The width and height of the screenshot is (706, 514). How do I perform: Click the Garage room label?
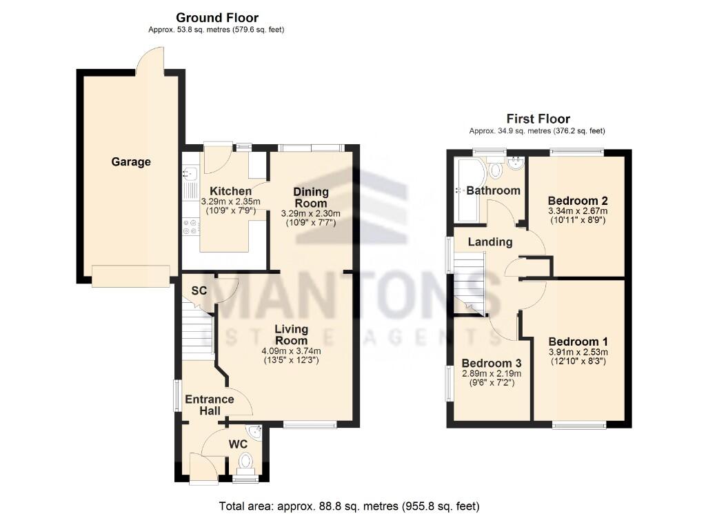[131, 162]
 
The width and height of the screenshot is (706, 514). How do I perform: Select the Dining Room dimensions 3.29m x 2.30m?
[311, 214]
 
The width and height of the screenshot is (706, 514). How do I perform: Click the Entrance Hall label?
[208, 405]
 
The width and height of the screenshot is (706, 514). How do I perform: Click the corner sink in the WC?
[256, 433]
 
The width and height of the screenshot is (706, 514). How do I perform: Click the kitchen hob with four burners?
[188, 226]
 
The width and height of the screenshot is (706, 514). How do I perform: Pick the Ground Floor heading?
[217, 17]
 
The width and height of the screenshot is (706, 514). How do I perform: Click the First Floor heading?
[538, 119]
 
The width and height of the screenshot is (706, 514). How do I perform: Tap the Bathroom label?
[493, 190]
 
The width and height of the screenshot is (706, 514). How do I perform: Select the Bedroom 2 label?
[578, 201]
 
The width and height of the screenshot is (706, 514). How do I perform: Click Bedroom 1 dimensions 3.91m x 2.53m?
[578, 353]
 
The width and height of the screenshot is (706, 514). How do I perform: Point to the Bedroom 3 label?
[491, 364]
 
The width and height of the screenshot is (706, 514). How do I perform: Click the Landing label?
[490, 242]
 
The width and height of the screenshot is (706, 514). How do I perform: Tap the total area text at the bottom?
[349, 506]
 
